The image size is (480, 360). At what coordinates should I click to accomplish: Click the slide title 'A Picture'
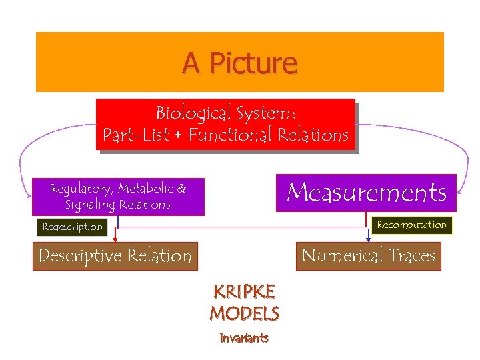(240, 63)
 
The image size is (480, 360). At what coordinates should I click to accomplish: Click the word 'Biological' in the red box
(189, 112)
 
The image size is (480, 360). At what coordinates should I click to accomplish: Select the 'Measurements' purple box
(366, 193)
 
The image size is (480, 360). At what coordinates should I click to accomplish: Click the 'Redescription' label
(73, 227)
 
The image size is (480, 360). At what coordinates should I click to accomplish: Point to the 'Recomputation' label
(411, 225)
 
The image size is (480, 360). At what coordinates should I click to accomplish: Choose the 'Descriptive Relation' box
(115, 255)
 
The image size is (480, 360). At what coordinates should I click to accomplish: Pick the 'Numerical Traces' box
(368, 255)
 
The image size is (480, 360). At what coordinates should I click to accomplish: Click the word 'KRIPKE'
(244, 292)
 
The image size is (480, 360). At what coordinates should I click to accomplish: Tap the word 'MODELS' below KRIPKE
(244, 313)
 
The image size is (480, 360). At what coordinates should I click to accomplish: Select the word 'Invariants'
(244, 338)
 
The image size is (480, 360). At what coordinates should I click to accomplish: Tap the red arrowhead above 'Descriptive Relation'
(116, 239)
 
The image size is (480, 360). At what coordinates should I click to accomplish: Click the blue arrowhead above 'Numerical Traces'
(368, 239)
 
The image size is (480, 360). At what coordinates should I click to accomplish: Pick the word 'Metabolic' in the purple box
(146, 189)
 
